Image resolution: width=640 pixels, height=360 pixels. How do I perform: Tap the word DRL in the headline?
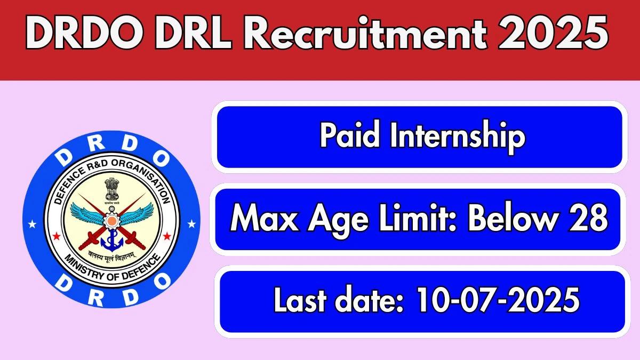[x=193, y=34]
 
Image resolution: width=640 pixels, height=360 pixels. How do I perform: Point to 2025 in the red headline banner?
[x=554, y=34]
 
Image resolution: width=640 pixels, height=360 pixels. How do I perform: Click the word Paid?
[x=349, y=134]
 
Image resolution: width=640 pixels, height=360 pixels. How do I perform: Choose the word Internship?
[x=458, y=137]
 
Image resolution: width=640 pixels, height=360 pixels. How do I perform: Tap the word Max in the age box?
[x=265, y=219]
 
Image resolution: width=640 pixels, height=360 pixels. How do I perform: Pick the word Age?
[x=338, y=221]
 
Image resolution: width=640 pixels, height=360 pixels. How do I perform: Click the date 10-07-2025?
[x=498, y=299]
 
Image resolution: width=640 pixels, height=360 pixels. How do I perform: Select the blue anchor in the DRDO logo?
[x=112, y=241]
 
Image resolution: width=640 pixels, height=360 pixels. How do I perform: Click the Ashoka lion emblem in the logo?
[x=111, y=190]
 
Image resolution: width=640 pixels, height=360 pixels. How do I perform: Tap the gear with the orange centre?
[x=111, y=219]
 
